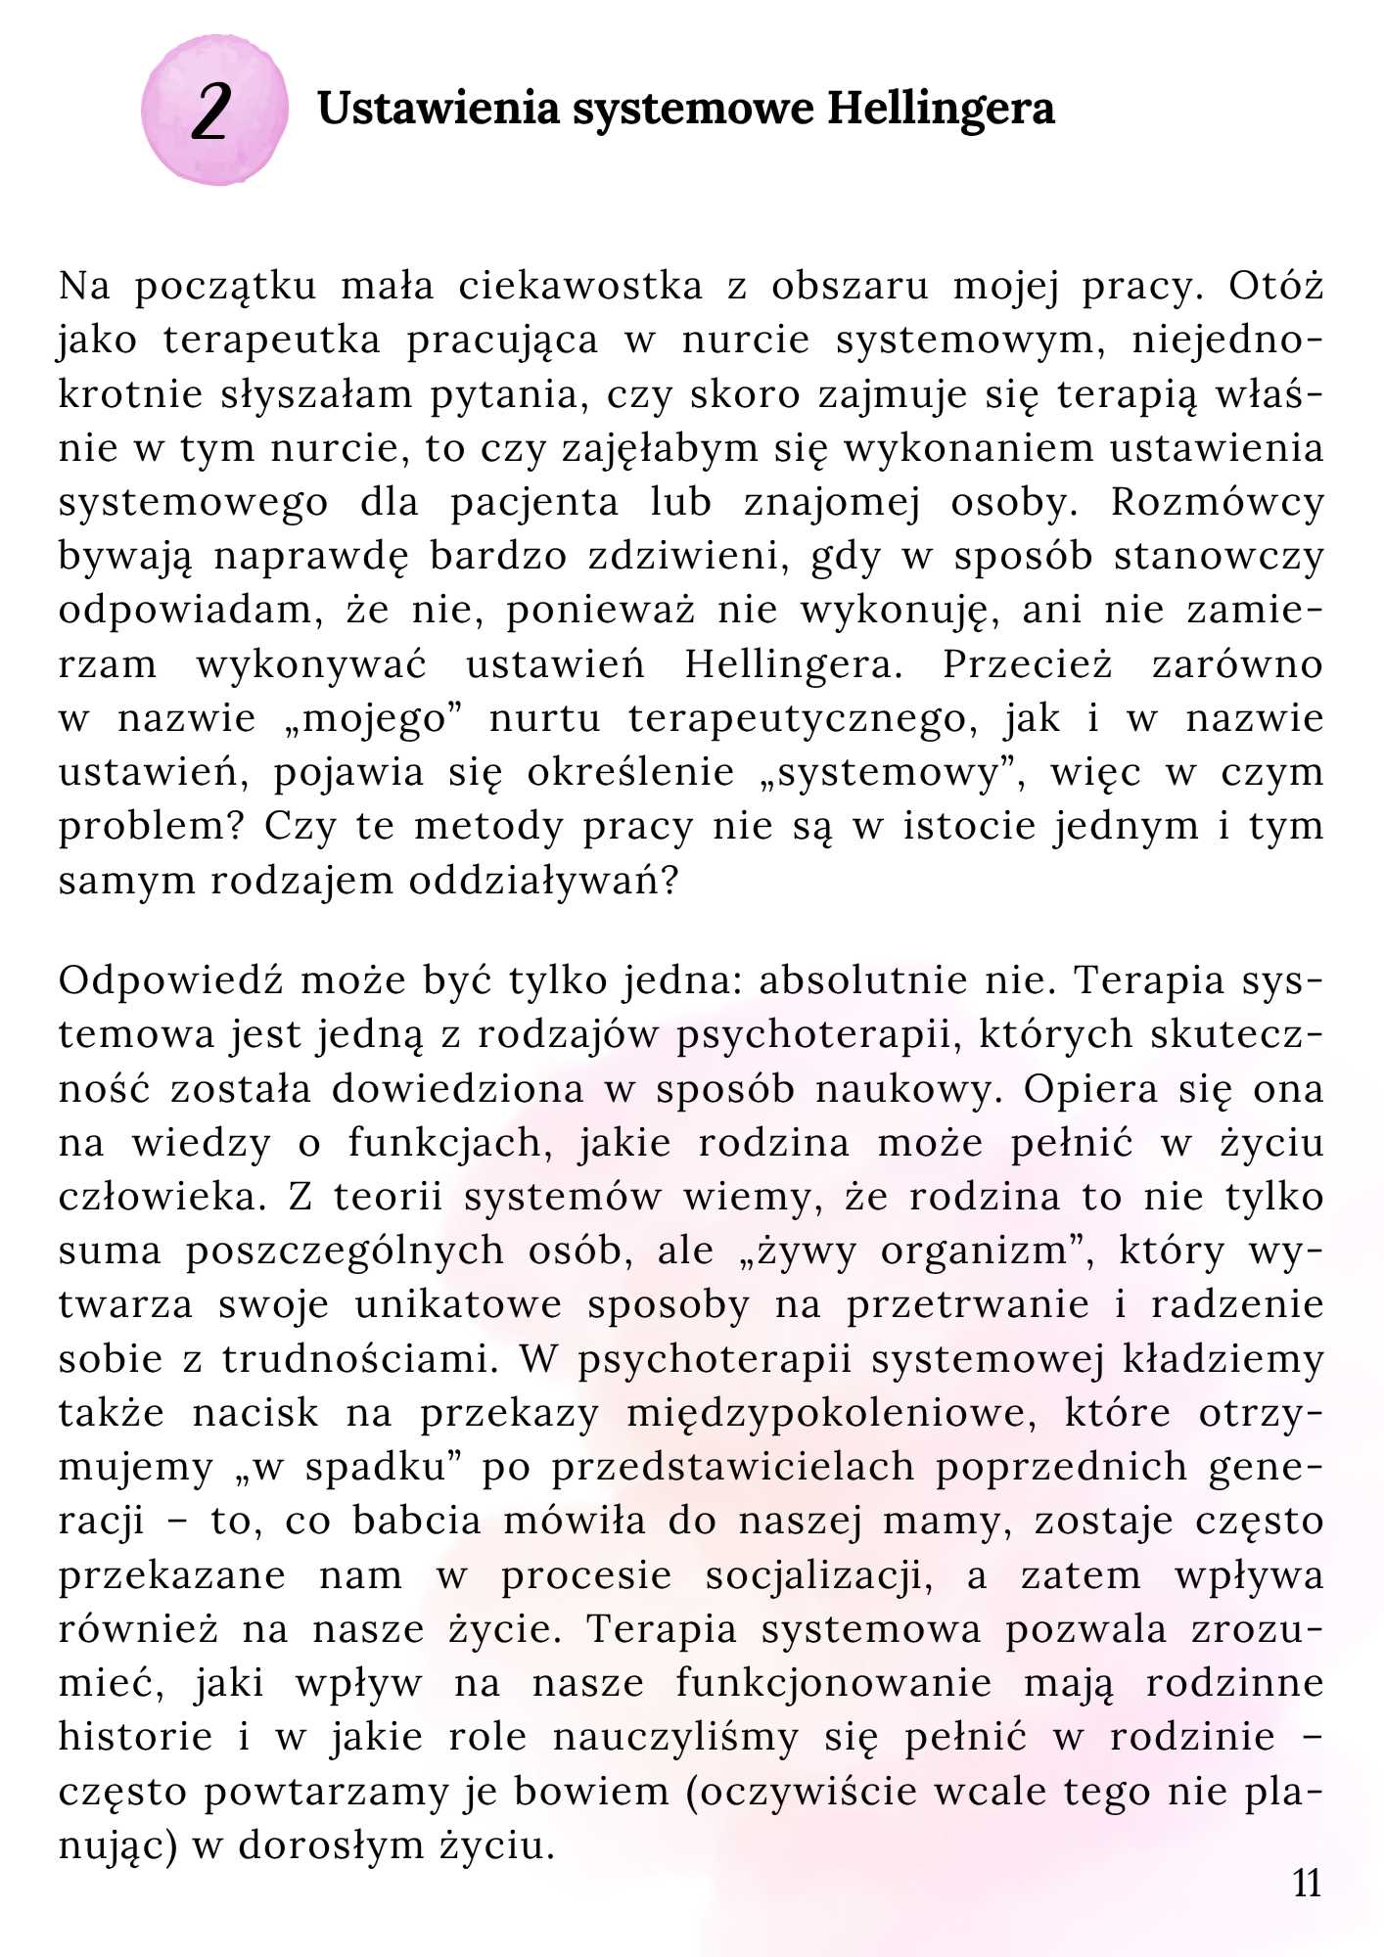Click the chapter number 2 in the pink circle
tap(212, 111)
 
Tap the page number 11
tap(1307, 1883)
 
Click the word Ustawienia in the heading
tap(438, 108)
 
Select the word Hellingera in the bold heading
tap(941, 108)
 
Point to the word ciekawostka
tap(580, 286)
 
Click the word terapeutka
tap(271, 340)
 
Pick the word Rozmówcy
tap(1217, 502)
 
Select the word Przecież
tap(1027, 664)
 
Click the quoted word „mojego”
tap(371, 719)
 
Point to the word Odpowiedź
tap(170, 980)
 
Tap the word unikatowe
tap(458, 1305)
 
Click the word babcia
tap(417, 1522)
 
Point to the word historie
tap(135, 1738)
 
